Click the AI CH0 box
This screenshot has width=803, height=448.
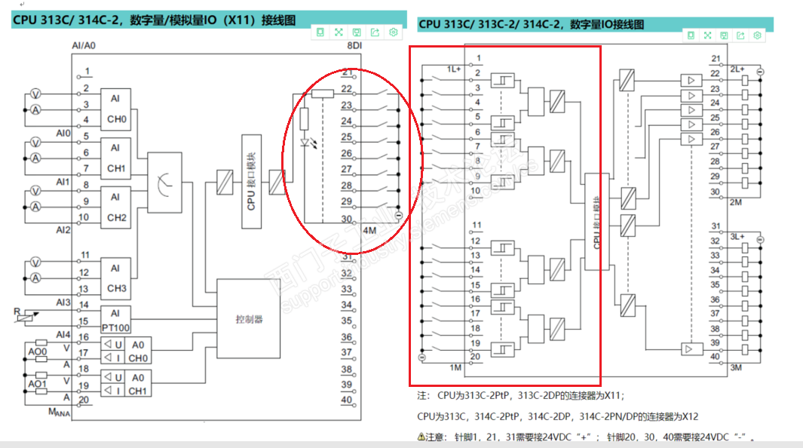click(115, 109)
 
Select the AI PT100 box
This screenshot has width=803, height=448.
click(115, 319)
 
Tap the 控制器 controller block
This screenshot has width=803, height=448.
click(249, 319)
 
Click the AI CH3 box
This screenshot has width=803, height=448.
click(115, 278)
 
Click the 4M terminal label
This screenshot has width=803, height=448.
click(369, 230)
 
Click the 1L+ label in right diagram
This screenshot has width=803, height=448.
click(453, 69)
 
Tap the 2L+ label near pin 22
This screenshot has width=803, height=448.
click(737, 69)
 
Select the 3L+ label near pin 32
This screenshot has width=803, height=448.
click(737, 238)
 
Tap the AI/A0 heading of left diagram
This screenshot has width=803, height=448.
click(84, 46)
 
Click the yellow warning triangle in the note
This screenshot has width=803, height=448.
click(421, 437)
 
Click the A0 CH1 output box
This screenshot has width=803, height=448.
click(137, 384)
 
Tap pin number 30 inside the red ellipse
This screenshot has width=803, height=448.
click(346, 219)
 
